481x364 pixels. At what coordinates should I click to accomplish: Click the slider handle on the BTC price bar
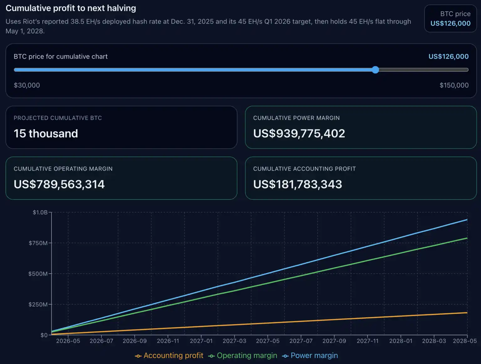pyautogui.click(x=375, y=70)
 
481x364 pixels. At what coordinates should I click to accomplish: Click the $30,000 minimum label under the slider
pyautogui.click(x=27, y=85)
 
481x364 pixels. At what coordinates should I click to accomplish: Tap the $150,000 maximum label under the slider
pyautogui.click(x=454, y=85)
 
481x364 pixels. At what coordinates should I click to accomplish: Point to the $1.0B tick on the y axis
pyautogui.click(x=40, y=213)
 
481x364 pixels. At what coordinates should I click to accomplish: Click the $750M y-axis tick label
pyautogui.click(x=38, y=243)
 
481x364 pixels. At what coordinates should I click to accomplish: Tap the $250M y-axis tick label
pyautogui.click(x=38, y=304)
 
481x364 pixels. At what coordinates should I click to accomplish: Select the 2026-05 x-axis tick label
pyautogui.click(x=68, y=341)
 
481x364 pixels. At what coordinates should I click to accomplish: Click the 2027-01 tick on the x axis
pyautogui.click(x=201, y=341)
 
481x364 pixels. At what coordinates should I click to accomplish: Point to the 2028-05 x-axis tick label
pyautogui.click(x=465, y=341)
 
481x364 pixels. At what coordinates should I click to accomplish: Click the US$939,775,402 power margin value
pyautogui.click(x=299, y=134)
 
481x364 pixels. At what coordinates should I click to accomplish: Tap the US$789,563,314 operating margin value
pyautogui.click(x=59, y=184)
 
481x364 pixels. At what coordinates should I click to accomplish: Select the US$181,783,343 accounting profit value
pyautogui.click(x=297, y=184)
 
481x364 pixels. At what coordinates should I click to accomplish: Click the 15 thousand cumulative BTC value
pyautogui.click(x=46, y=134)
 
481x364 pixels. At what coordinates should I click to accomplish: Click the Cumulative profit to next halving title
pyautogui.click(x=71, y=8)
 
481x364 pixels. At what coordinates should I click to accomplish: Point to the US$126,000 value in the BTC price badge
pyautogui.click(x=450, y=24)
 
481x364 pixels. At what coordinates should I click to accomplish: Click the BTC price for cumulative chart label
pyautogui.click(x=61, y=56)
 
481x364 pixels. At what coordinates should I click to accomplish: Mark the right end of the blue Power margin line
pyautogui.click(x=467, y=220)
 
